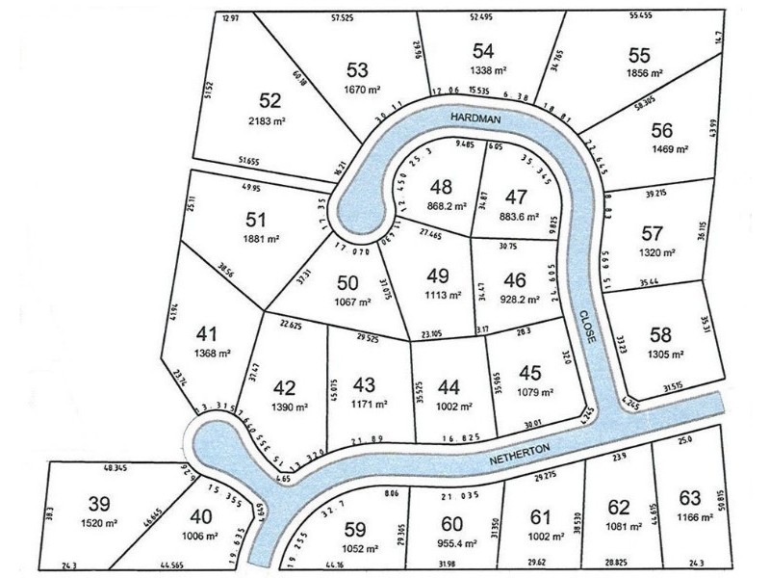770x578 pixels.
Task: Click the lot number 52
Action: pos(269,99)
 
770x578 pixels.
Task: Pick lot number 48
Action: pos(443,186)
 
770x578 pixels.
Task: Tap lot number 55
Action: pos(638,53)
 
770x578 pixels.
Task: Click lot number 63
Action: pos(689,498)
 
